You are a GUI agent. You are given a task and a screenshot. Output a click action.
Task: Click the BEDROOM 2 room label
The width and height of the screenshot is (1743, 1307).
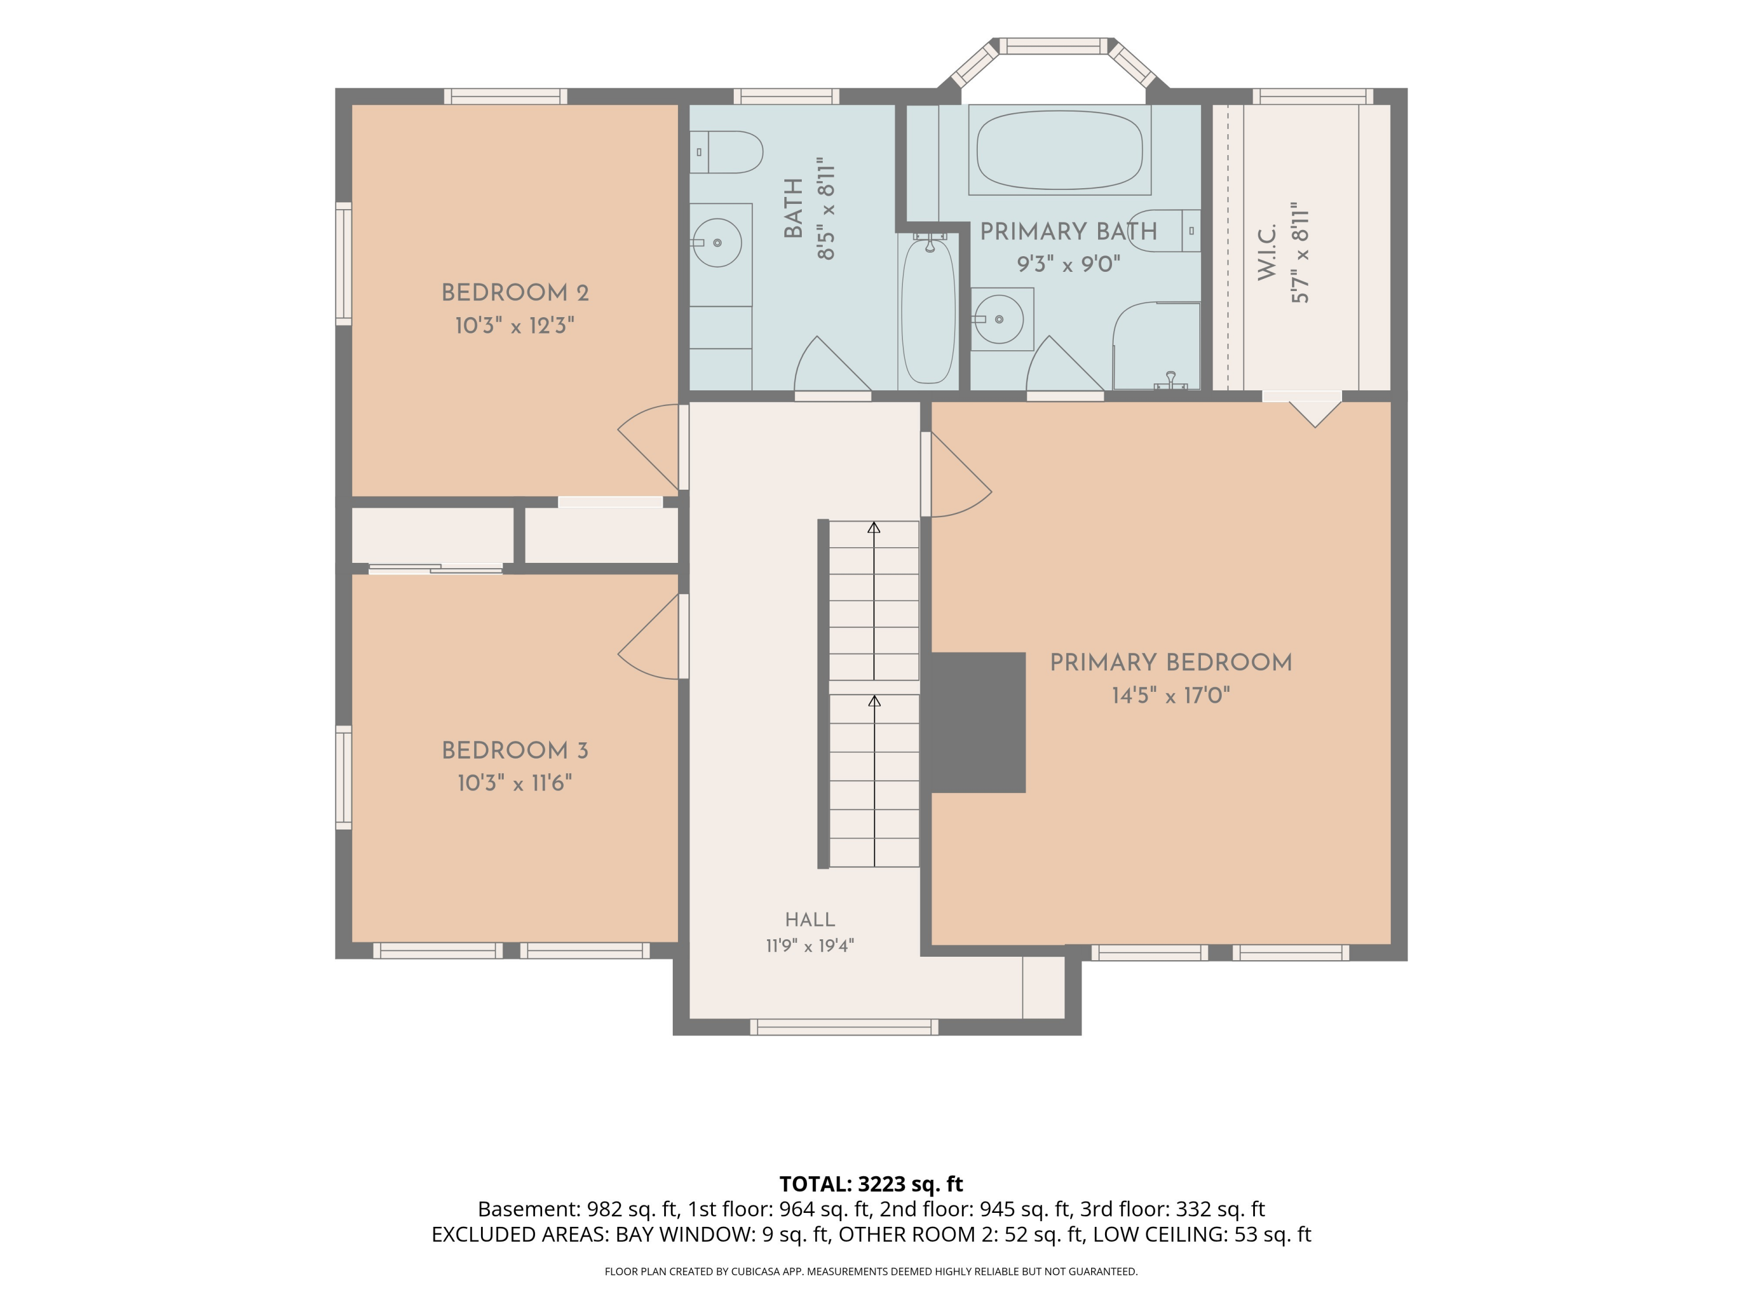[515, 293]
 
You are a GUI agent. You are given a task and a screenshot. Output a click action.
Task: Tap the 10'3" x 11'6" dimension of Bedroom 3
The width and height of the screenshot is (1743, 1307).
[515, 783]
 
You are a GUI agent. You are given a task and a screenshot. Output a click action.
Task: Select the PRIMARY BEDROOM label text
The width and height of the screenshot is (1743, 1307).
[1171, 663]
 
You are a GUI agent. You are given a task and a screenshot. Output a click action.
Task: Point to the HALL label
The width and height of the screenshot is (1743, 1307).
[810, 920]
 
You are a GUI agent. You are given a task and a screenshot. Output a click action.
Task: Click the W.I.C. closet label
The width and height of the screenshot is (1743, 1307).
[1266, 252]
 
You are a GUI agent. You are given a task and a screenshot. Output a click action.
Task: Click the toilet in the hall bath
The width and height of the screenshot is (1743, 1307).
[726, 152]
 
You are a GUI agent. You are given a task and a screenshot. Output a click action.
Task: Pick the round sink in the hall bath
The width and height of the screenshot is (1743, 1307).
[717, 243]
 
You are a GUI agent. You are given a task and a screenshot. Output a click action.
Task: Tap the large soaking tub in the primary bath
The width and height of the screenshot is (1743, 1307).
[1060, 150]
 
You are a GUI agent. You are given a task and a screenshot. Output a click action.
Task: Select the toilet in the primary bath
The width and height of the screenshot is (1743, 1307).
[1165, 231]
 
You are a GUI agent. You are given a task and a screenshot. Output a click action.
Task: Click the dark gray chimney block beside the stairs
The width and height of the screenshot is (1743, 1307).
[977, 723]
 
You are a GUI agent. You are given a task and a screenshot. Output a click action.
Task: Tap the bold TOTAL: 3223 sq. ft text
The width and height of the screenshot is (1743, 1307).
[871, 1184]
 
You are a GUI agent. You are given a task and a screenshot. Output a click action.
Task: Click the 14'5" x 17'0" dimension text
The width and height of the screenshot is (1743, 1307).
[1171, 696]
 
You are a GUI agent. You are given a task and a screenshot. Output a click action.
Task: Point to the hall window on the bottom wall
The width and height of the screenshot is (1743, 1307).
[844, 1026]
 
